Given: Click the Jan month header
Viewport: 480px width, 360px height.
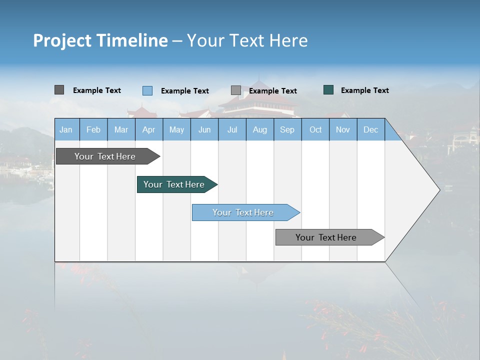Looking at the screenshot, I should (66, 129).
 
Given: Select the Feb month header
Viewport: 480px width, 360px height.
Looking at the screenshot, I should (93, 129).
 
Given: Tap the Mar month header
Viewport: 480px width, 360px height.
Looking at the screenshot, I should (121, 129).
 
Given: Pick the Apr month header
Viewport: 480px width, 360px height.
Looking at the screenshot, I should (149, 129).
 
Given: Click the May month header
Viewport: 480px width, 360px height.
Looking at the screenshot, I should (176, 129).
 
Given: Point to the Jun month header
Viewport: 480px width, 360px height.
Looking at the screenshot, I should (204, 129).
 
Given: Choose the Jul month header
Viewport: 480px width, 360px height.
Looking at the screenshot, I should (232, 129).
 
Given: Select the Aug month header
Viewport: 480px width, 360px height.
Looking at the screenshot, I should (260, 129).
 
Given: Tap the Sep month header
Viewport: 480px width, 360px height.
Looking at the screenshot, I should (287, 129).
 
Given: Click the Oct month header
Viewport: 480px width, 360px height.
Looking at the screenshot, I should (315, 129).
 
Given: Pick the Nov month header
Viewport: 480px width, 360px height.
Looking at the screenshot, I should (343, 129).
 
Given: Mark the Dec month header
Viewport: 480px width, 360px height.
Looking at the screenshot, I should (371, 129).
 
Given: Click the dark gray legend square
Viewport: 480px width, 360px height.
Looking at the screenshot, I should (59, 90).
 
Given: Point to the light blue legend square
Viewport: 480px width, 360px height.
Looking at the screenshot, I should (147, 90).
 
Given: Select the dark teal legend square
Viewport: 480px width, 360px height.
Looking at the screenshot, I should (328, 90).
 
